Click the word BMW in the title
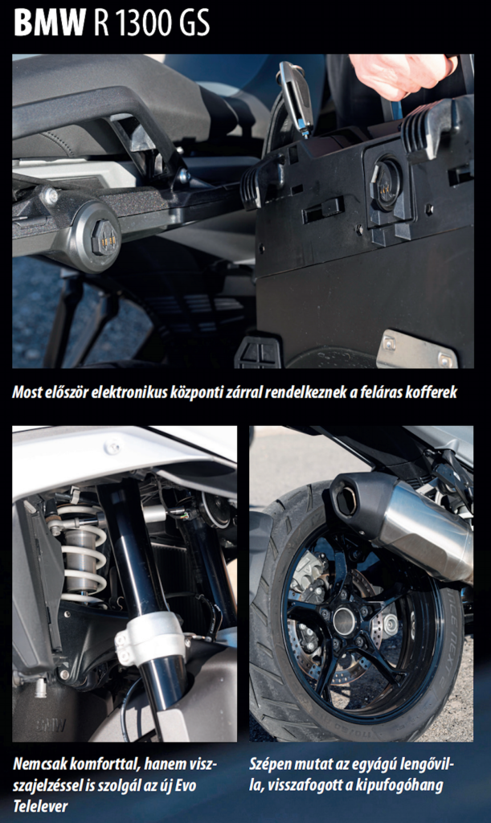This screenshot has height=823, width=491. pyautogui.click(x=49, y=23)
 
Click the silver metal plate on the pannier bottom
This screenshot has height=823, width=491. pyautogui.click(x=417, y=348)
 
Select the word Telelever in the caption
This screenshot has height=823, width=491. pyautogui.click(x=40, y=805)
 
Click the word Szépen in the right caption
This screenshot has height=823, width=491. pyautogui.click(x=268, y=765)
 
